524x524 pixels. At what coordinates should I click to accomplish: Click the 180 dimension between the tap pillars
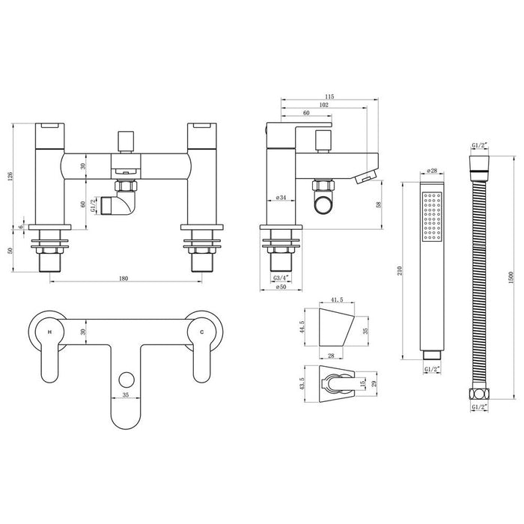[x=124, y=278]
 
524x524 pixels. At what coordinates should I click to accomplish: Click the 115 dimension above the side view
[x=329, y=97]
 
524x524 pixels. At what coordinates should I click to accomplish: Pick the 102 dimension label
[x=323, y=106]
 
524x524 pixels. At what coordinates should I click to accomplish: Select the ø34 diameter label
[x=281, y=198]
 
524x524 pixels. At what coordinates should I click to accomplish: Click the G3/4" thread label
[x=280, y=278]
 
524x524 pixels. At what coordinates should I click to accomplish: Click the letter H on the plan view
[x=49, y=331]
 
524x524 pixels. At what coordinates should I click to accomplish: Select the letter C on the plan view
[x=200, y=331]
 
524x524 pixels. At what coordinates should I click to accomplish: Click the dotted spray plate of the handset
[x=431, y=218]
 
